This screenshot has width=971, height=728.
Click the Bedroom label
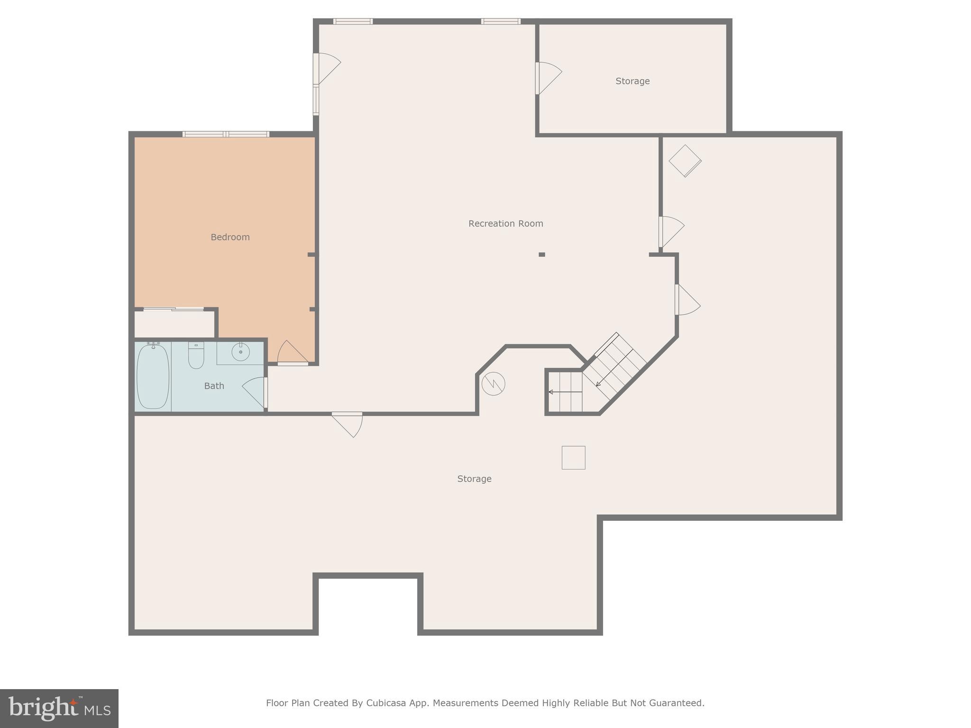[230, 237]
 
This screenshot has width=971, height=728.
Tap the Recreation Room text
[505, 223]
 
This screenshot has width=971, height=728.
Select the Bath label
[214, 386]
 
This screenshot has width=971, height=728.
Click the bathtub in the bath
[153, 376]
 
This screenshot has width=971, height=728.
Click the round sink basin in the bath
[240, 352]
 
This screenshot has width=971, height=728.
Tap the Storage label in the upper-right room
[632, 81]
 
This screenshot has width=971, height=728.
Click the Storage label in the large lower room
[474, 479]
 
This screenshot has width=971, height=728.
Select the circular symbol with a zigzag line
[493, 383]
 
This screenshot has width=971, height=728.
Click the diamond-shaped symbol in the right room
[685, 161]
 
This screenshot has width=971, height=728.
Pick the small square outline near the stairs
[573, 457]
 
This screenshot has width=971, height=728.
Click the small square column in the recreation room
[541, 255]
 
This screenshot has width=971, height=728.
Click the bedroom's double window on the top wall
[226, 134]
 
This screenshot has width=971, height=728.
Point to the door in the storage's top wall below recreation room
[348, 423]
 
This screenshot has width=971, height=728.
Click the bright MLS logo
[59, 708]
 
